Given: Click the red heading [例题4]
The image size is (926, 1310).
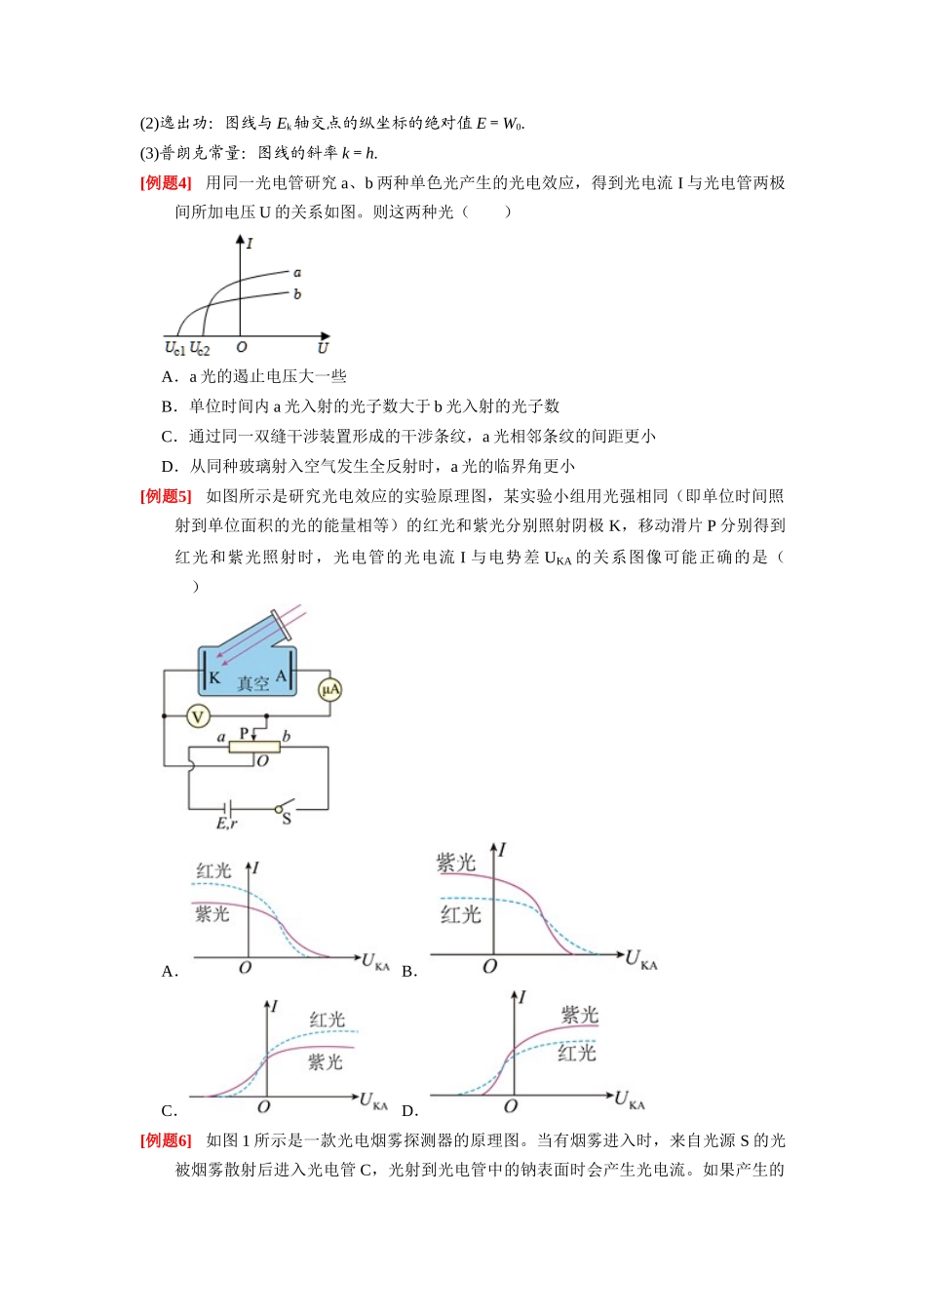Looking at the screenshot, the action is tap(166, 183).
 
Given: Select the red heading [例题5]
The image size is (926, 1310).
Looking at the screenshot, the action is tap(166, 496).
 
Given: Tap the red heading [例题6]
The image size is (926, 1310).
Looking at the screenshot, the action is tap(166, 1140).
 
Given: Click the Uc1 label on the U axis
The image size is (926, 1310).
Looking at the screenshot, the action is tap(174, 349).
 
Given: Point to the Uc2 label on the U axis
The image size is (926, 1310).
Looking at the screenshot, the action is tap(200, 349).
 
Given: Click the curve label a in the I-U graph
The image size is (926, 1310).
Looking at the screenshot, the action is tap(297, 273).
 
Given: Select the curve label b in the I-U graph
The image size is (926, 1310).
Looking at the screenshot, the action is tap(297, 294).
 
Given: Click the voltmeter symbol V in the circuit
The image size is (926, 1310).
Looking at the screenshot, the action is tap(198, 716).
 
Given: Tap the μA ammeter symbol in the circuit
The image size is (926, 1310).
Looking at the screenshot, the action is tap(329, 689).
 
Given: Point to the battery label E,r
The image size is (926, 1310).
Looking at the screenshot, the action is tap(226, 824).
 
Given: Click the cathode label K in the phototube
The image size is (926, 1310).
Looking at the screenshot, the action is tap(214, 677).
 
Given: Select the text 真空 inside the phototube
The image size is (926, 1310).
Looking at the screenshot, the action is tap(252, 683).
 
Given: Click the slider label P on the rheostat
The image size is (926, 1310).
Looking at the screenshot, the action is tap(245, 733).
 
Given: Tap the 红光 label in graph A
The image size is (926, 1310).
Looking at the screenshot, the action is tap(213, 871).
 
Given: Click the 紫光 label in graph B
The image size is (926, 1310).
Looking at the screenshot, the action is tap(456, 863).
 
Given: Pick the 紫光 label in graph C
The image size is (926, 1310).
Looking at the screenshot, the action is tap(326, 1061).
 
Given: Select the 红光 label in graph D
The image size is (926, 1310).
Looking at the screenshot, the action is tap(577, 1054).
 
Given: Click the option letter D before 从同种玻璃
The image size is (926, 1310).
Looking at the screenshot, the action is tap(168, 467).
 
